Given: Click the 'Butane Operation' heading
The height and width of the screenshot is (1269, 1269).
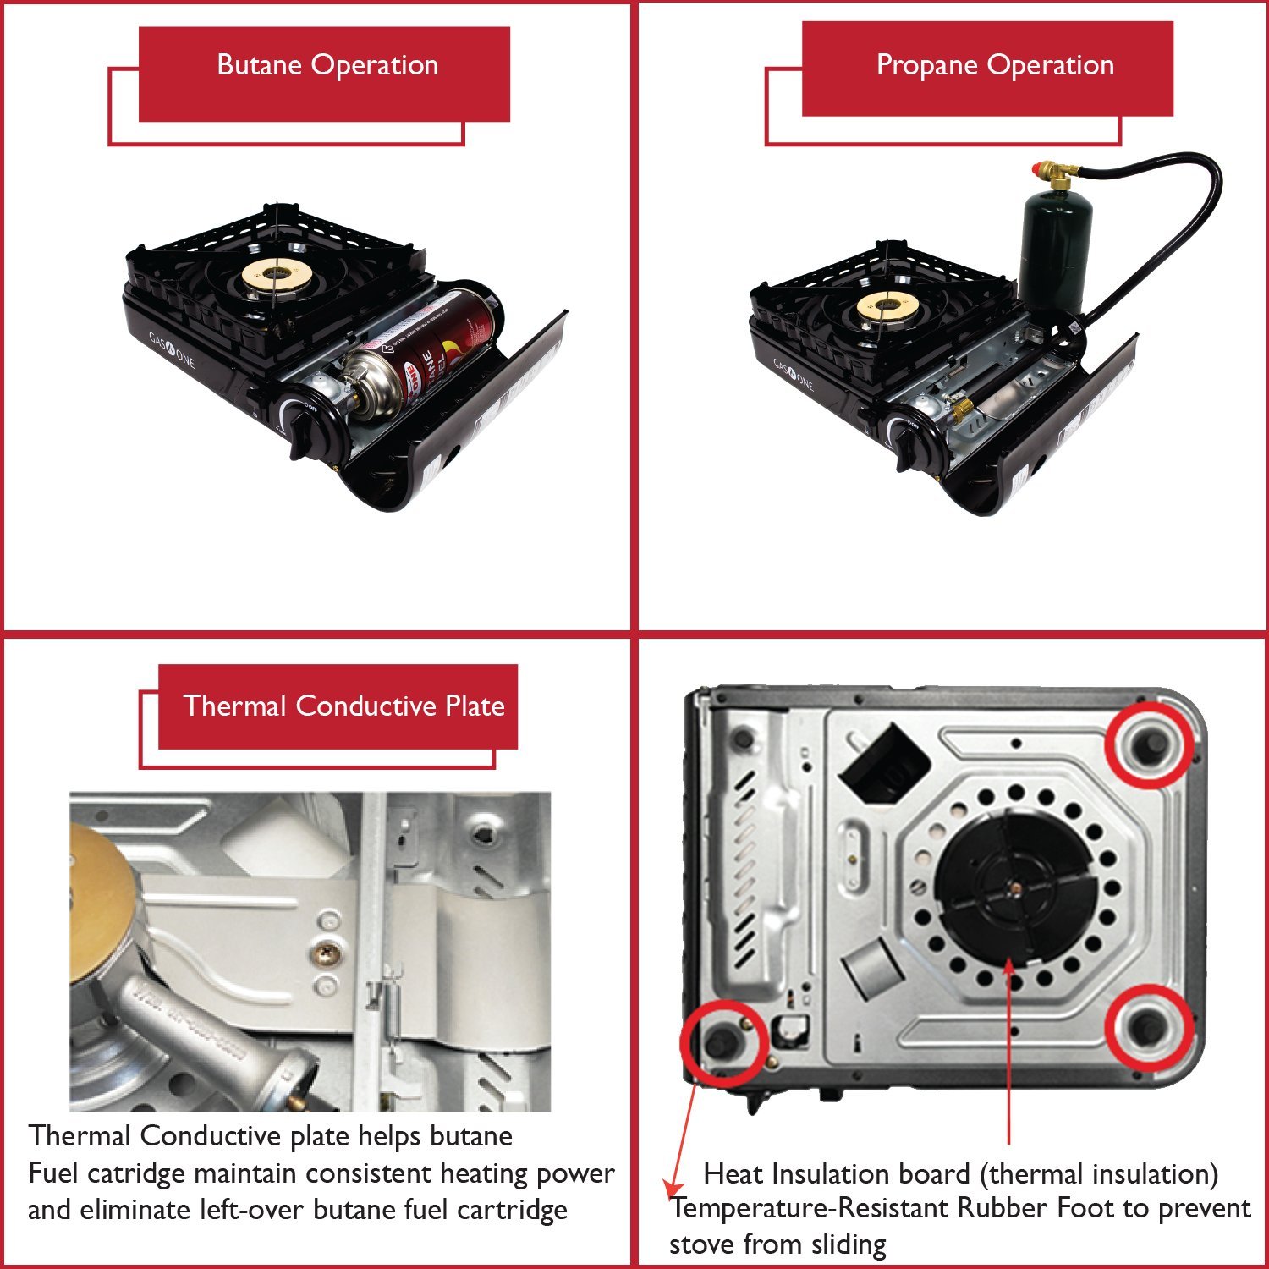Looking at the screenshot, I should tap(327, 65).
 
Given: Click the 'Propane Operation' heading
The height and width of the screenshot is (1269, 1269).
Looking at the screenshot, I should tap(995, 65).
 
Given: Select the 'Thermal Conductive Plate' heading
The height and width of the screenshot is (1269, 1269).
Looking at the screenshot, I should tap(343, 706).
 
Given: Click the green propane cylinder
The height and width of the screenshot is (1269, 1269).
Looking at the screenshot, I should tap(1054, 245).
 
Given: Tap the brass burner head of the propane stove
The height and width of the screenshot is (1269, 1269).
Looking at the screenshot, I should tap(886, 307).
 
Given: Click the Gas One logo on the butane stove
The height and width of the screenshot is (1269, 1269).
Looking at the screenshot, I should tap(172, 349).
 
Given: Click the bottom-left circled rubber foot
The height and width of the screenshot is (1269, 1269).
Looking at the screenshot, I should tap(722, 1042).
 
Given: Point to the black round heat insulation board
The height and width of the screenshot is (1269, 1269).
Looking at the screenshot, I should tap(1015, 888).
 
